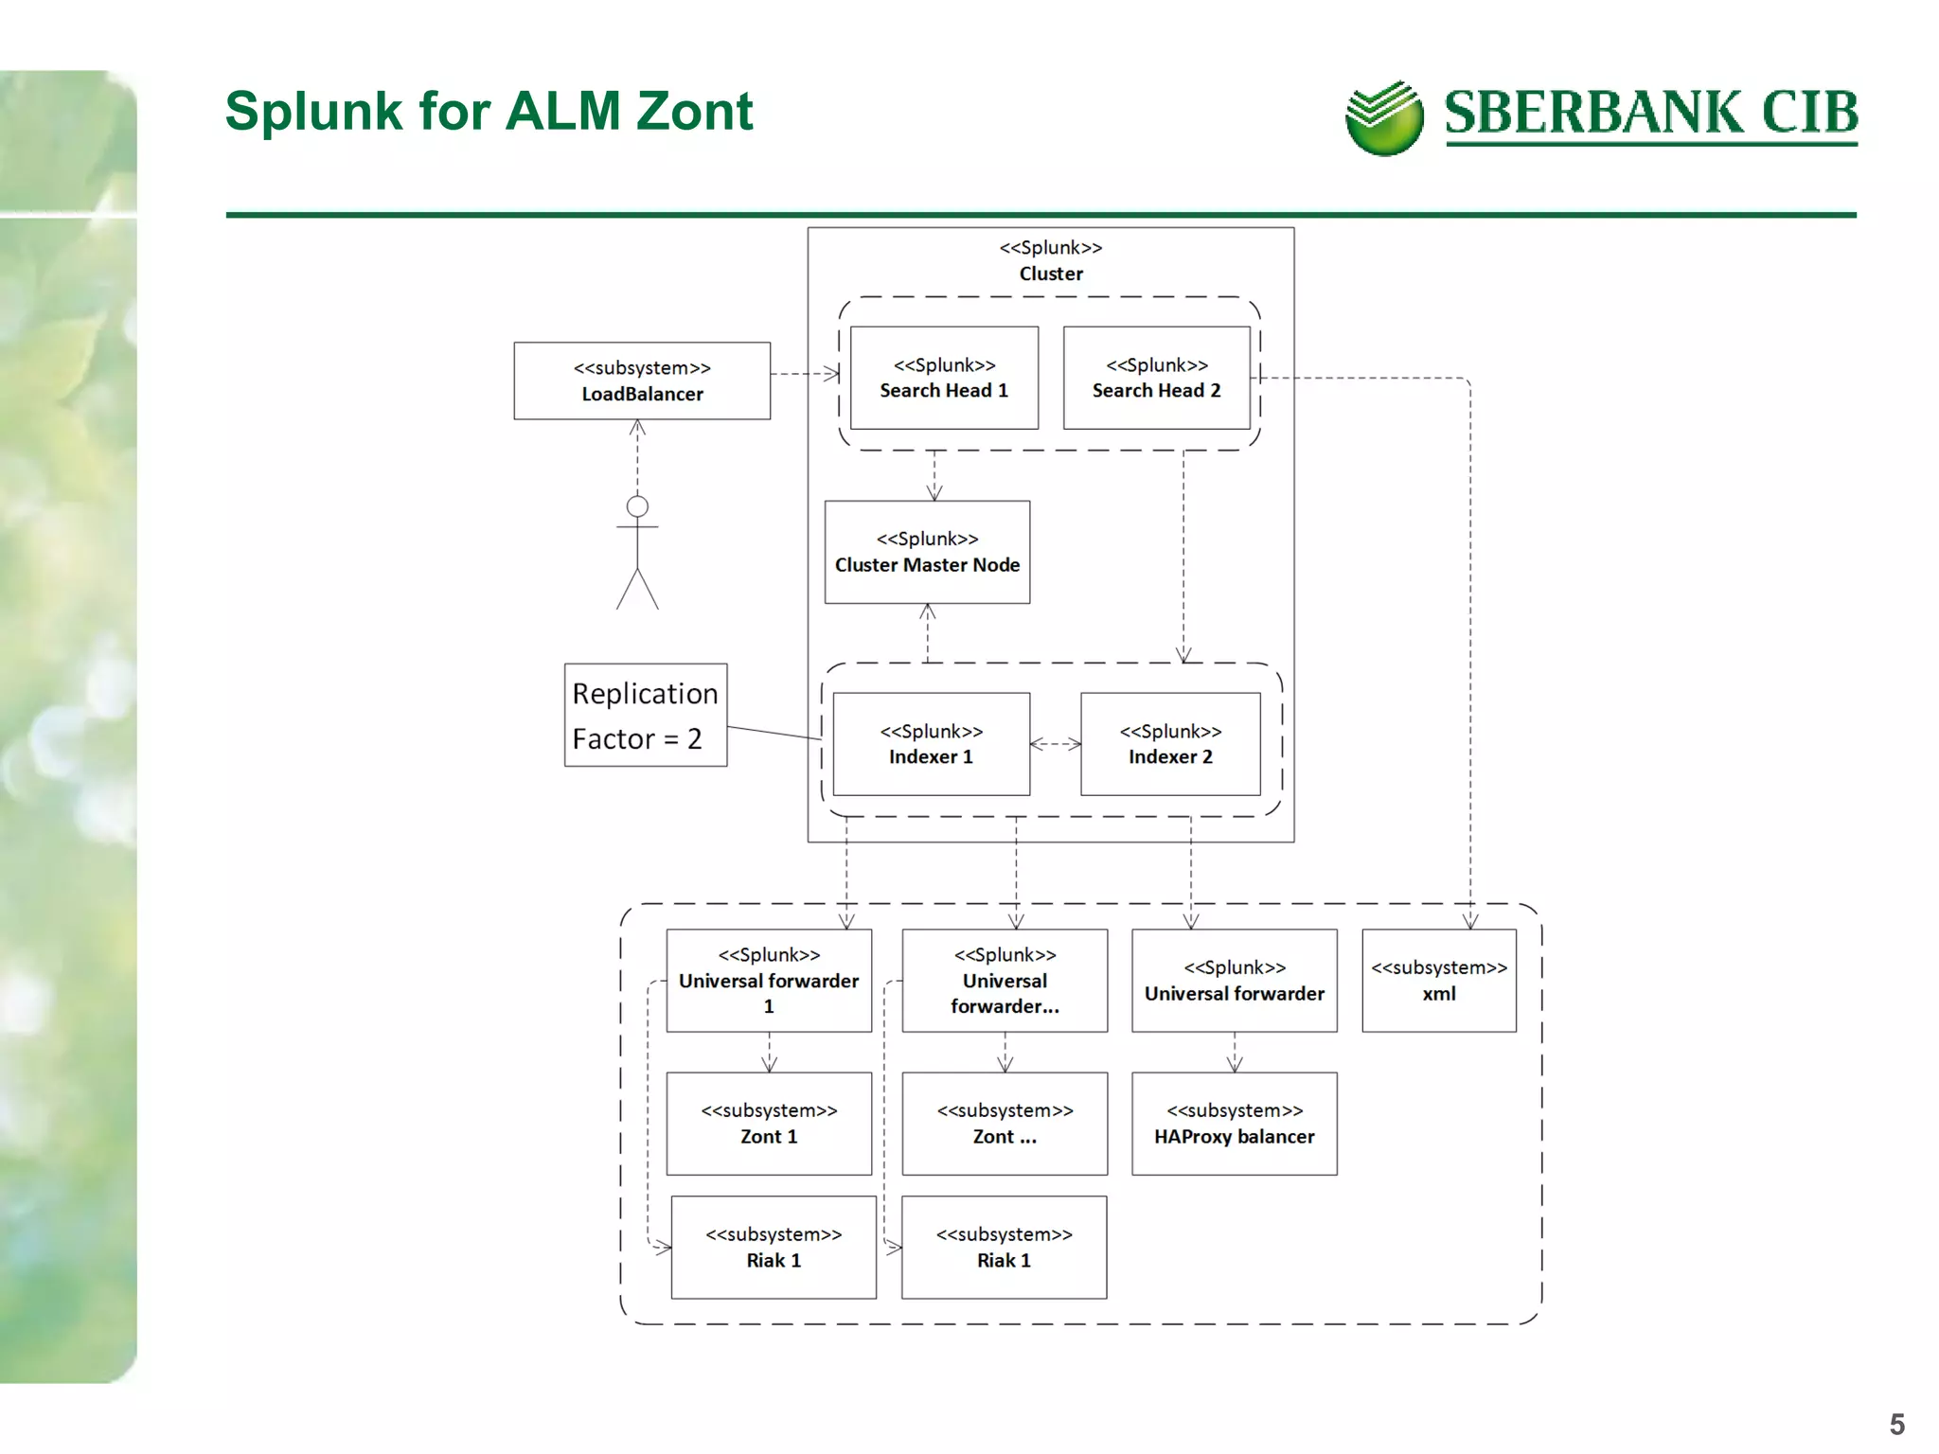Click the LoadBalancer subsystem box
click(642, 381)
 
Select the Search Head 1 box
click(944, 378)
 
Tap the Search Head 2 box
click(1156, 378)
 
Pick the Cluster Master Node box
click(927, 552)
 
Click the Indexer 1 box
click(931, 744)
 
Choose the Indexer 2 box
click(1170, 744)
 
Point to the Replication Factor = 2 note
click(646, 716)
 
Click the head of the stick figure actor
click(637, 506)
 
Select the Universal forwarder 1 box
click(769, 981)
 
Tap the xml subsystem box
click(1438, 981)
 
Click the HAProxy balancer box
click(1234, 1124)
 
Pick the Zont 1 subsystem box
click(769, 1124)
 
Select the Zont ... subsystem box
click(1005, 1124)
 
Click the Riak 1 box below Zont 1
click(774, 1248)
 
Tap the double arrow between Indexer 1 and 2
click(1055, 744)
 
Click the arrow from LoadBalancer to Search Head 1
click(805, 374)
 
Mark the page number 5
click(1896, 1424)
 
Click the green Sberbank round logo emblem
click(1383, 118)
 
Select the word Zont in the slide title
click(694, 111)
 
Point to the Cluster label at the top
click(1051, 274)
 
